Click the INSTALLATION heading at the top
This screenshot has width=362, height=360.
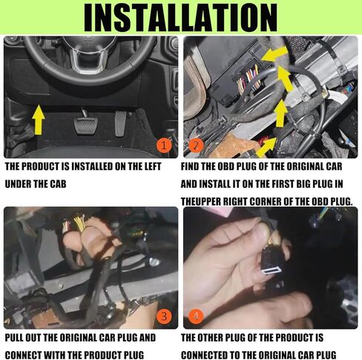tap(180, 17)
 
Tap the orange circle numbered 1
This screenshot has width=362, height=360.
tap(164, 145)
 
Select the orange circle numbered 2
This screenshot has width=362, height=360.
tap(196, 145)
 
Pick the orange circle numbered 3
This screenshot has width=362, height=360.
tap(164, 316)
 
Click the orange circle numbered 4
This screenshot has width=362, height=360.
tap(196, 316)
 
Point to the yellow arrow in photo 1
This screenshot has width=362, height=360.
tap(39, 120)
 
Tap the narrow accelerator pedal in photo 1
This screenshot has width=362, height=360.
tap(120, 123)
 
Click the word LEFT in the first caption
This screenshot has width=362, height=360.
tap(153, 166)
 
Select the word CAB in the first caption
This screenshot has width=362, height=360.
tap(59, 184)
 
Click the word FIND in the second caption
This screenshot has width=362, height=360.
tap(190, 166)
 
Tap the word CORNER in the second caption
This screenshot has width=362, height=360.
tap(265, 202)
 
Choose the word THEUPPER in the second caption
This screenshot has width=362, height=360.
tap(201, 202)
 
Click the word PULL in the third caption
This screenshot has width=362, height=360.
tap(14, 338)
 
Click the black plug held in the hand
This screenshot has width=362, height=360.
tap(272, 261)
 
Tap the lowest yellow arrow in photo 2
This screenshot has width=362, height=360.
tap(266, 146)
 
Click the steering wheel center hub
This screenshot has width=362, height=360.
tap(88, 56)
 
